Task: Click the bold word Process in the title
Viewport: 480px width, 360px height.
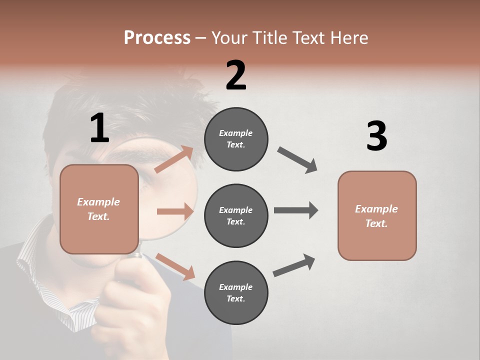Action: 157,38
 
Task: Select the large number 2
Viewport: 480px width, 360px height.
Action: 236,75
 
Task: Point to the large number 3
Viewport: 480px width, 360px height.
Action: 376,136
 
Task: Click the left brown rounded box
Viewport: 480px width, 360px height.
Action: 99,209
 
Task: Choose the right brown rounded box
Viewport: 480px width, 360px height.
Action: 377,215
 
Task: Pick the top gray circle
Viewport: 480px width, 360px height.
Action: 236,139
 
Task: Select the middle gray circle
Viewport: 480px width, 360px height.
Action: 236,215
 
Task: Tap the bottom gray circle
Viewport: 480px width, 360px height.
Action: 236,292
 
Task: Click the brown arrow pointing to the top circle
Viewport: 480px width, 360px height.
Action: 174,159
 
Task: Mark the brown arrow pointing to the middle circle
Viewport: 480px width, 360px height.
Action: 175,211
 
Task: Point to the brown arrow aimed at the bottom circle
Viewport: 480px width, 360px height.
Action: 175,266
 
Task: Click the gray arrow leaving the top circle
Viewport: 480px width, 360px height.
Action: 297,160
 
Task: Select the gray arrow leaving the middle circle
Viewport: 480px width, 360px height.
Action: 296,210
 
